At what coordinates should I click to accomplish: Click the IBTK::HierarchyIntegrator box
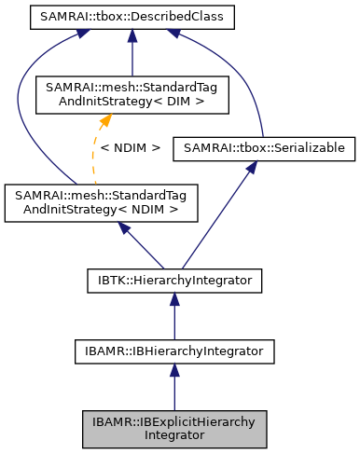(x=173, y=278)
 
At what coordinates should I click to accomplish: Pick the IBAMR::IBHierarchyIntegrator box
(x=173, y=351)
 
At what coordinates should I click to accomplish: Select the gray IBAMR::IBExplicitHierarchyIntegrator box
(x=173, y=428)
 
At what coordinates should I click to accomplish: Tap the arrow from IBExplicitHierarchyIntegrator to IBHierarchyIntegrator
(x=173, y=387)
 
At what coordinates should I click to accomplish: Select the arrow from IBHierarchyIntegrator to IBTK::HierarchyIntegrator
(x=173, y=314)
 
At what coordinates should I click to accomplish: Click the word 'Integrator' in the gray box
(x=173, y=434)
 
